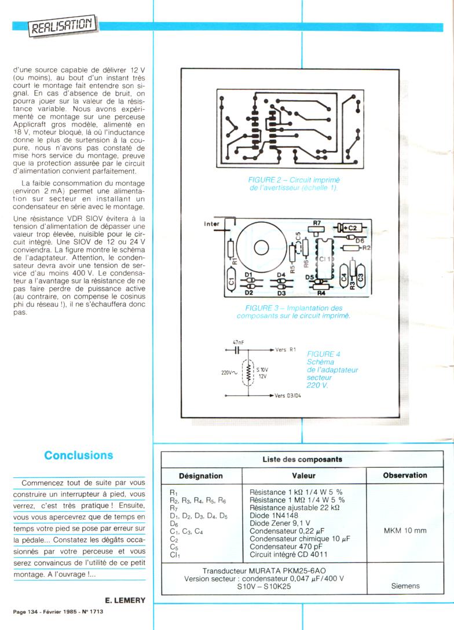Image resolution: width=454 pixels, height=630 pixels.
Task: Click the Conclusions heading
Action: (79, 455)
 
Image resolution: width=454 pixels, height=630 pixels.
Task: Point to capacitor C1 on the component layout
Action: (231, 283)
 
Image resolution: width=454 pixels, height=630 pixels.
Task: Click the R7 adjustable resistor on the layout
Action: (316, 228)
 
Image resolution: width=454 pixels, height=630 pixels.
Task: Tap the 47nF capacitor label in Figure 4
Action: (238, 343)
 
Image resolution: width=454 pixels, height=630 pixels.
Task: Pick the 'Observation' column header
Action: (405, 475)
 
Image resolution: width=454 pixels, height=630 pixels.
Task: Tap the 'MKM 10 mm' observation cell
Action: (405, 530)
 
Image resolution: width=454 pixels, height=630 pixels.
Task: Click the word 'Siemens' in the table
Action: (405, 586)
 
